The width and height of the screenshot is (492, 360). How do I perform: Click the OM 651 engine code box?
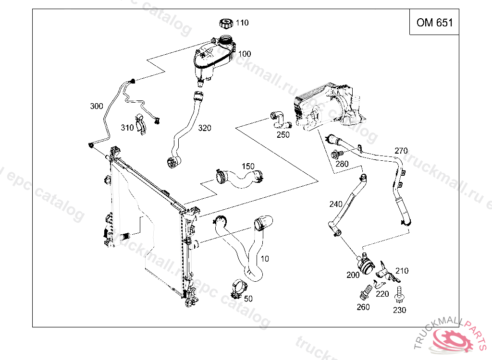(x=434, y=23)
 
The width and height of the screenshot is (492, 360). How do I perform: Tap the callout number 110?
(x=242, y=23)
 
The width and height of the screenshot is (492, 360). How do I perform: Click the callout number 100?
(x=245, y=54)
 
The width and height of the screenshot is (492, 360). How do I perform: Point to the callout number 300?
(x=96, y=106)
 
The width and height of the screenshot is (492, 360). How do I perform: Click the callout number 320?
(x=205, y=128)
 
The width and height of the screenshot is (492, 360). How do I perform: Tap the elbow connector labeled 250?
(x=278, y=119)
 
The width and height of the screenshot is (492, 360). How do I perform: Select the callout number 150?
(x=248, y=167)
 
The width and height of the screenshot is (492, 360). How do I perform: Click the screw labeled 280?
(x=337, y=155)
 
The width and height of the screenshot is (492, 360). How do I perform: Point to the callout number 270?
(x=401, y=150)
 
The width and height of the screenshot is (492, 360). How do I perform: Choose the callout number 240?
(x=335, y=204)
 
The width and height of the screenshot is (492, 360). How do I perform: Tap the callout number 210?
(x=402, y=271)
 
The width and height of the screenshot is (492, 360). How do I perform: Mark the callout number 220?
(x=382, y=294)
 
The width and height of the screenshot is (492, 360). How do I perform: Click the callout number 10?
(x=264, y=259)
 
